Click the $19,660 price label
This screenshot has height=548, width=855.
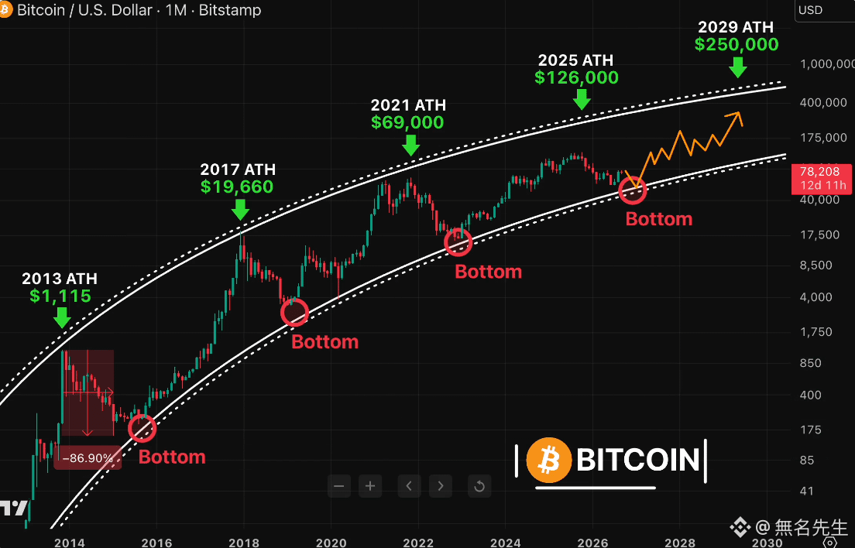(237, 187)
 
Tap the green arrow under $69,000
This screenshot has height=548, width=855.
(410, 145)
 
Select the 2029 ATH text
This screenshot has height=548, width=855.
(736, 26)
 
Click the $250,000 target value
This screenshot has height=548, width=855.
(737, 45)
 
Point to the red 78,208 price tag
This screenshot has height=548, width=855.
(821, 179)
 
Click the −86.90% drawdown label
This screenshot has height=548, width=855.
(88, 457)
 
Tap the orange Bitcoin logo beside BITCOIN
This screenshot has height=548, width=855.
(548, 461)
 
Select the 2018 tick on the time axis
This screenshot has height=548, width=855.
(244, 543)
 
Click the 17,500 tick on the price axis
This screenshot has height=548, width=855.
(819, 235)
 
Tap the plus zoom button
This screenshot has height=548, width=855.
(370, 486)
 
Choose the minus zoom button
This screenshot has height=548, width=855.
(338, 486)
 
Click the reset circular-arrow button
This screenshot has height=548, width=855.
(479, 486)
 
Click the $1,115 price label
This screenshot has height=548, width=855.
(60, 296)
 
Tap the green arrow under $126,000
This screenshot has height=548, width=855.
(582, 99)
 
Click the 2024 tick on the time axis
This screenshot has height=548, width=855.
(506, 543)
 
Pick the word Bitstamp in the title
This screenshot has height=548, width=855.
(229, 10)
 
